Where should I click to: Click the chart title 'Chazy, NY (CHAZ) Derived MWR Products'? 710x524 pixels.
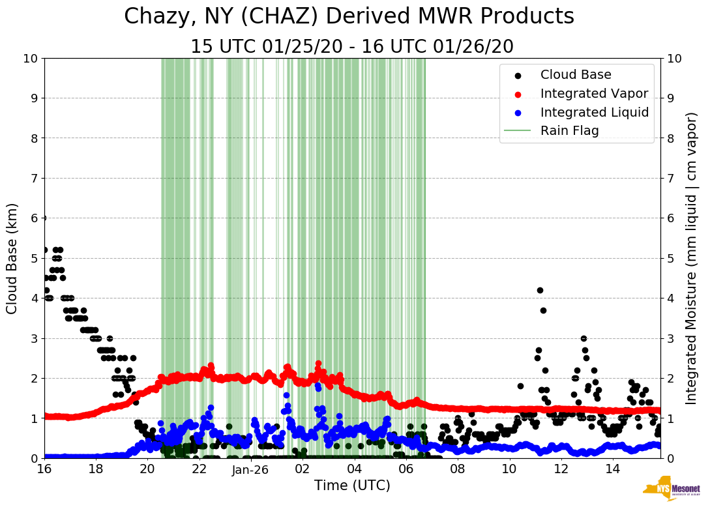coord(349,16)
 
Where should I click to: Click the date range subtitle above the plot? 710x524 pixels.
coord(352,47)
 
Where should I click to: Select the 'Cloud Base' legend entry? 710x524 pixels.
coord(576,75)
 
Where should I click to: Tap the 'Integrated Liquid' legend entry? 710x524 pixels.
coord(594,112)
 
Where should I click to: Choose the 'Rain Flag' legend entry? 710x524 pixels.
coord(569,130)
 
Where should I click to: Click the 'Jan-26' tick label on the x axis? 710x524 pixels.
coord(250,469)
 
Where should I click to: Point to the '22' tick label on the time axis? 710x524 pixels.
coord(199,469)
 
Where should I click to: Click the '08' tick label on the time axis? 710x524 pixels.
coord(457,469)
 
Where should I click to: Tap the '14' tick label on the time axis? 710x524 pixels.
coord(612,469)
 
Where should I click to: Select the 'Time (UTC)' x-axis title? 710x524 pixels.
coord(352,486)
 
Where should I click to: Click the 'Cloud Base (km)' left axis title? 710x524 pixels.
coord(12,258)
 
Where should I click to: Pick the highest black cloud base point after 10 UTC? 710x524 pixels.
coord(540,290)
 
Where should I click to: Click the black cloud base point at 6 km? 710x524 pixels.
coord(44,218)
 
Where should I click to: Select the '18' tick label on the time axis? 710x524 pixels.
coord(96,469)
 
